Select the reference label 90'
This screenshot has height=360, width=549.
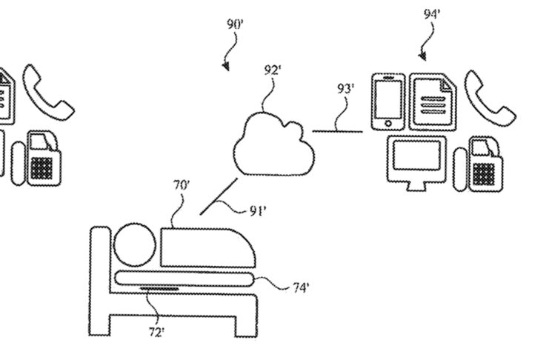coord(236,24)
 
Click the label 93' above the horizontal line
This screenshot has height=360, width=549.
coord(345,89)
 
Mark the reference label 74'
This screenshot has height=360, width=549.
coord(300,287)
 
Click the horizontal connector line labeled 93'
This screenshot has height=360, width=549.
coord(337,132)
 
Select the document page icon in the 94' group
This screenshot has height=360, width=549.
coord(433,103)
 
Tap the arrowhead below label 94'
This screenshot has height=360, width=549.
coord(425,56)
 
